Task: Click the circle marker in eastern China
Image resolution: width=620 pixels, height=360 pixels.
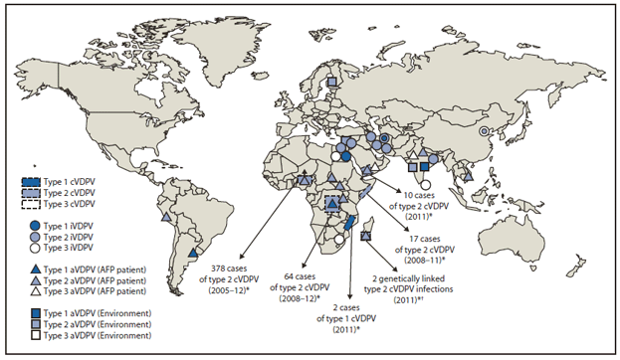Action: pos(484,130)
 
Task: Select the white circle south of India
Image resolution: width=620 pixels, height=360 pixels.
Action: pos(425,183)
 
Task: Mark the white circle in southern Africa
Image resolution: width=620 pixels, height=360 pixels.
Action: pos(339,240)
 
